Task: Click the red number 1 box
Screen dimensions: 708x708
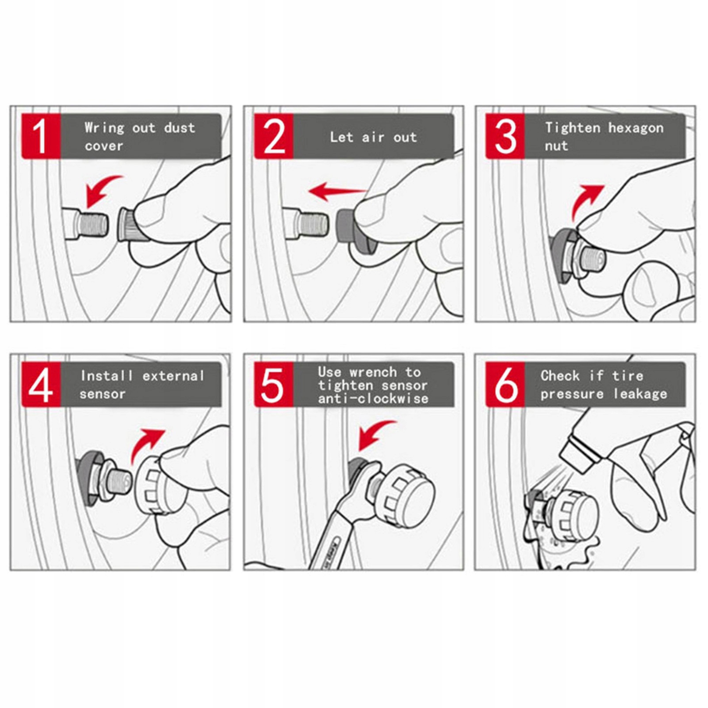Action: (x=41, y=136)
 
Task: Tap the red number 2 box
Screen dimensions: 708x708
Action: (x=274, y=136)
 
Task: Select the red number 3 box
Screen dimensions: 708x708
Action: (x=505, y=136)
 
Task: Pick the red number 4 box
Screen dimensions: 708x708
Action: (x=41, y=384)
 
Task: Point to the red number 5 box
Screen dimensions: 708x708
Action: (x=274, y=384)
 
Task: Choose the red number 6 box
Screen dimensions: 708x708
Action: (x=505, y=384)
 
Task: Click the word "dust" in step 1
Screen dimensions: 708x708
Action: (x=180, y=128)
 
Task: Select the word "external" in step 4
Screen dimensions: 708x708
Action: (x=173, y=376)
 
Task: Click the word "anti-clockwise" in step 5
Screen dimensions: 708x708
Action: (x=373, y=399)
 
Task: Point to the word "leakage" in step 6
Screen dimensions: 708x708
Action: (x=640, y=394)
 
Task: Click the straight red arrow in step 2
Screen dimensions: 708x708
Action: (x=337, y=191)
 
